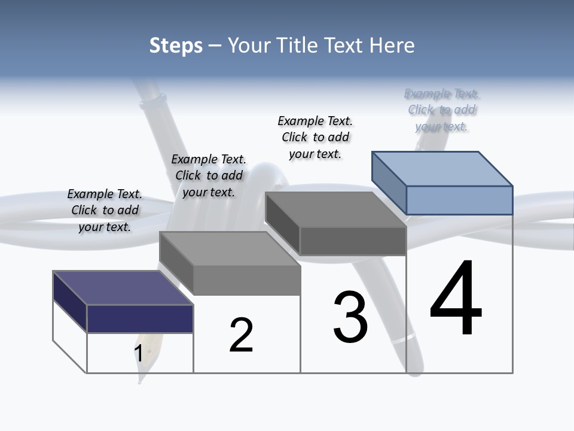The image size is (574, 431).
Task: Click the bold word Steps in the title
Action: [x=176, y=45]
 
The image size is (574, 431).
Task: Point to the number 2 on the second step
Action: [x=242, y=336]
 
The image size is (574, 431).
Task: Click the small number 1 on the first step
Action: [x=138, y=354]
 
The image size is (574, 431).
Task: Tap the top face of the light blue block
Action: [x=442, y=168]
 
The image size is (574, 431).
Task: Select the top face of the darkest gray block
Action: [x=335, y=210]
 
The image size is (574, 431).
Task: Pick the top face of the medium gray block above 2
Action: [x=230, y=248]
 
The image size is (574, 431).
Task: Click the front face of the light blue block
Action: [x=459, y=200]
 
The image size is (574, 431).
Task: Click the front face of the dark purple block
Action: [x=140, y=318]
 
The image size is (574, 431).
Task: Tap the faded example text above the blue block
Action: [x=442, y=110]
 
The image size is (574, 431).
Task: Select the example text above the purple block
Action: [x=105, y=211]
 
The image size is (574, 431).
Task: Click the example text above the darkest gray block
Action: [x=315, y=137]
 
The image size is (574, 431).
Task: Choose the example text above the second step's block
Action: [x=209, y=175]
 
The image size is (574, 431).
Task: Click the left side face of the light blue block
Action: [x=389, y=182]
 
